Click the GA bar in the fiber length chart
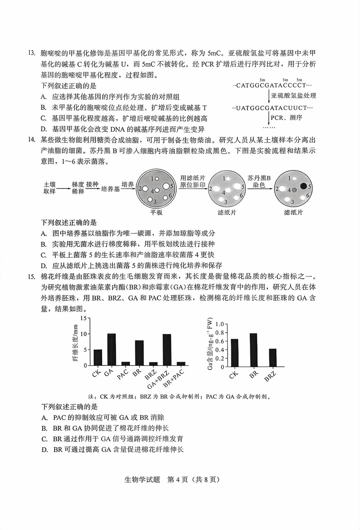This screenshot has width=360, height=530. (x=112, y=350)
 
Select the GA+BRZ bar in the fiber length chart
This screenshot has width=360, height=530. (x=167, y=350)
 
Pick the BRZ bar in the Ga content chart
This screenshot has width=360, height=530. (x=273, y=358)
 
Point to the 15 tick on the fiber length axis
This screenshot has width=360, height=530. (x=84, y=318)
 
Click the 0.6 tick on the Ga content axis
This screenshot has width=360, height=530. (x=219, y=341)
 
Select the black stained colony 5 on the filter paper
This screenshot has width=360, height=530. (x=303, y=186)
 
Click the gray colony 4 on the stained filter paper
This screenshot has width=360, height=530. (x=294, y=190)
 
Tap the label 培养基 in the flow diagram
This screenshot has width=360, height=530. (x=110, y=189)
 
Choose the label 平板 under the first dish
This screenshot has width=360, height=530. (x=157, y=212)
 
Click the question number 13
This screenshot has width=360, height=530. (x=32, y=53)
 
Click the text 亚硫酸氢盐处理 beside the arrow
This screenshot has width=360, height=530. (x=293, y=96)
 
